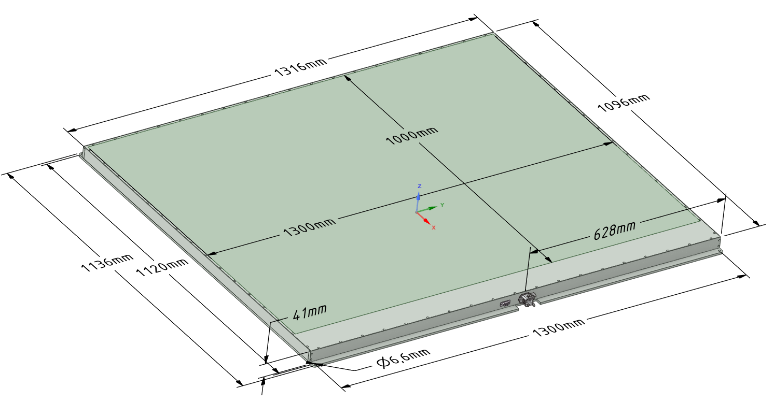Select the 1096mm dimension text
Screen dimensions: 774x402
coord(624,104)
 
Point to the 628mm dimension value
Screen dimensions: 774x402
coord(614,230)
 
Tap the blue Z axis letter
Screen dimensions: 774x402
coord(419,186)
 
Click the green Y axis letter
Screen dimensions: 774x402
coord(442,205)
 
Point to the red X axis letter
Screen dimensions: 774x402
coord(433,227)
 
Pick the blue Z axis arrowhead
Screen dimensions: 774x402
coord(419,196)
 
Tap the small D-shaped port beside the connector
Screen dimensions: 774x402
coord(505,304)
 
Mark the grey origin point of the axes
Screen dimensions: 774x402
coord(417,212)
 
